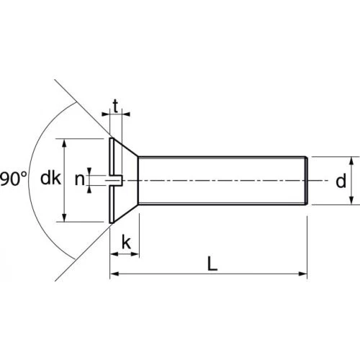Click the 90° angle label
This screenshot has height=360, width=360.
click(13, 179)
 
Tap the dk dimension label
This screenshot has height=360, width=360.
click(50, 178)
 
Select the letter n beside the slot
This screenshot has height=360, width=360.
click(80, 179)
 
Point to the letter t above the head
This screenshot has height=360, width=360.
click(116, 106)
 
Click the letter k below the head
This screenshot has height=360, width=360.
click(126, 242)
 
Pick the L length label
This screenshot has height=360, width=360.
click(212, 264)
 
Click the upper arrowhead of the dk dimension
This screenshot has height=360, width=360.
click(64, 143)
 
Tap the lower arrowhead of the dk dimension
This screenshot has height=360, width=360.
click(64, 217)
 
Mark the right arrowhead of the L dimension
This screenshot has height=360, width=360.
click(302, 274)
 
